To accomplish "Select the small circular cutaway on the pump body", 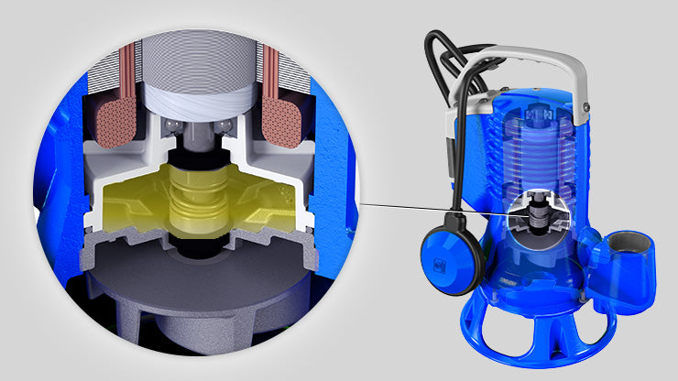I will click(x=535, y=216).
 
